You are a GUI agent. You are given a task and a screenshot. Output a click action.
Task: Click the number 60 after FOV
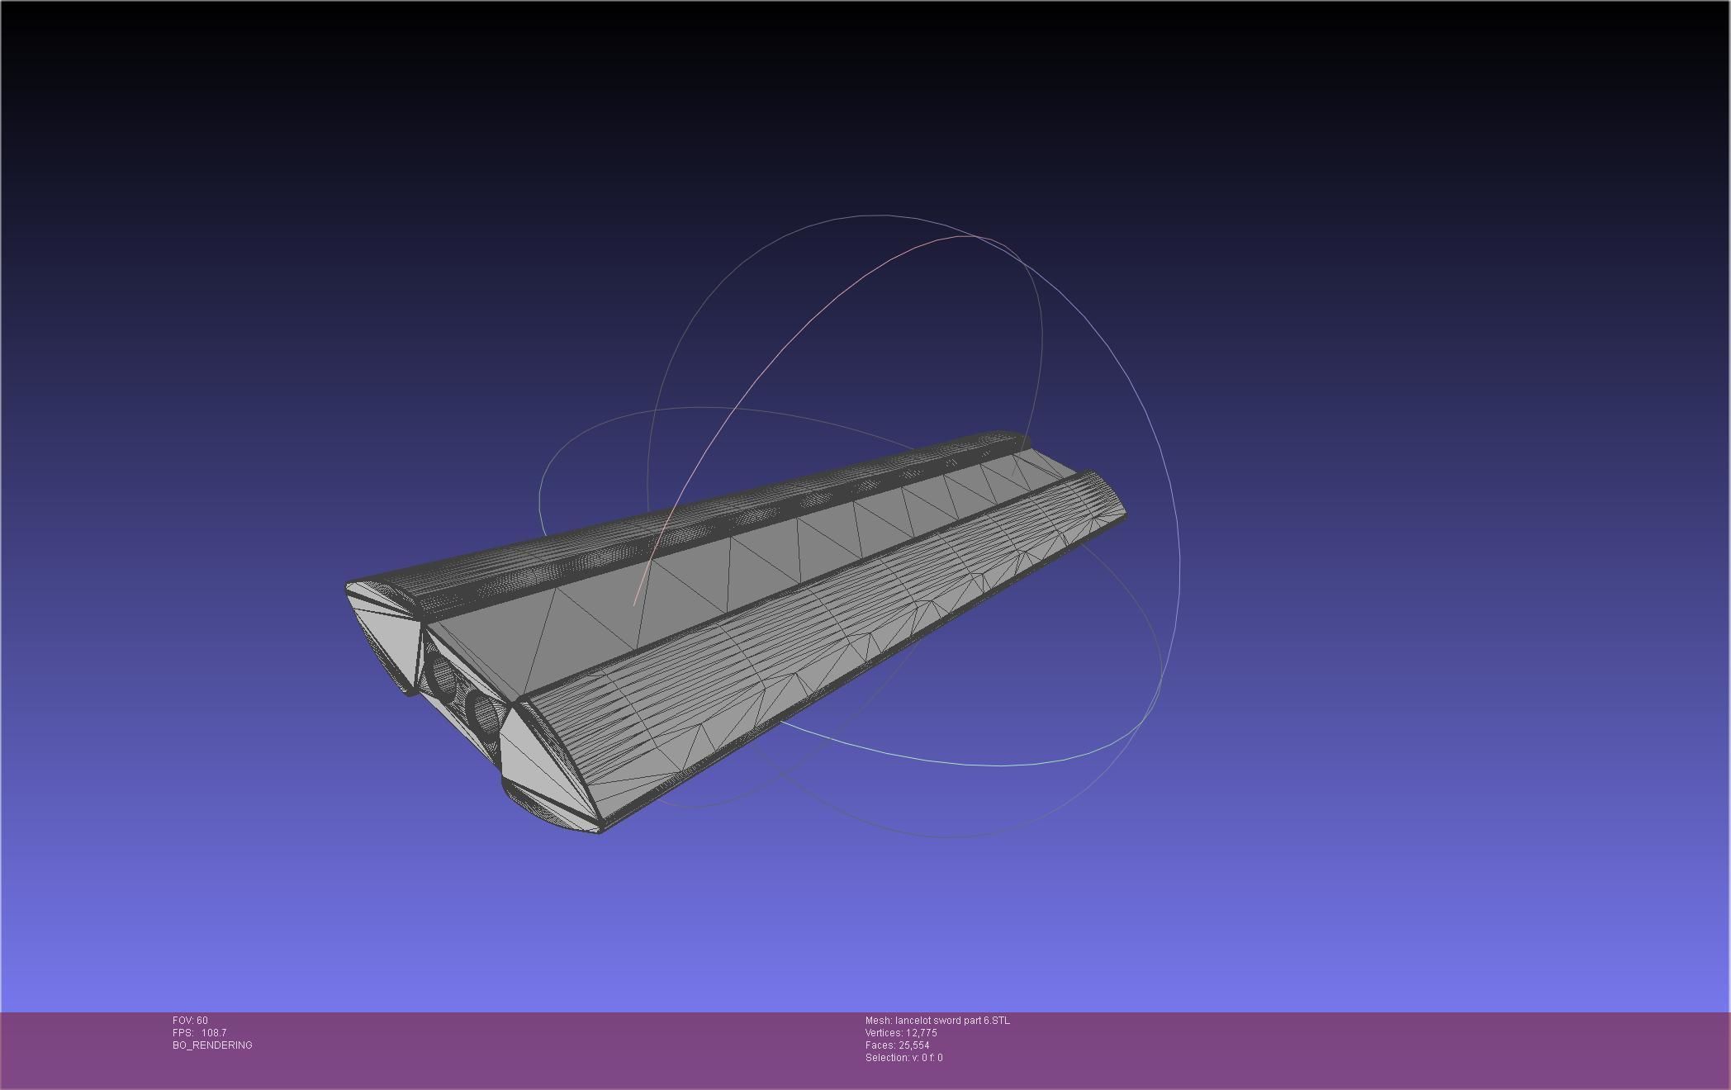point(202,1021)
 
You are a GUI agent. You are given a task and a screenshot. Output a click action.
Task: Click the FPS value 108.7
point(214,1033)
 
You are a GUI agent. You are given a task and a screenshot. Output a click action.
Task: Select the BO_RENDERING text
point(212,1045)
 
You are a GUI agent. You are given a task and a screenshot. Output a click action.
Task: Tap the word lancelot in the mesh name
point(913,1021)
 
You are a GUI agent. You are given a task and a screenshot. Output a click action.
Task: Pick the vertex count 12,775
point(922,1033)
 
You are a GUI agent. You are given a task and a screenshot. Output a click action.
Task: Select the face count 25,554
point(913,1045)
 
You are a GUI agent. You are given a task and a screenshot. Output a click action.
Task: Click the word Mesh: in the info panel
point(879,1021)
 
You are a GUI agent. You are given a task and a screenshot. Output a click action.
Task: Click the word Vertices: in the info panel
point(884,1033)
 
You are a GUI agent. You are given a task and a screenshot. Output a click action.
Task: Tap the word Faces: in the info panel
point(880,1045)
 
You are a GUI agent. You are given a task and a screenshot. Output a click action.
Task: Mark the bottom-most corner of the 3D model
point(600,832)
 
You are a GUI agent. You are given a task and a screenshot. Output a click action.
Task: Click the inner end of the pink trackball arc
point(634,604)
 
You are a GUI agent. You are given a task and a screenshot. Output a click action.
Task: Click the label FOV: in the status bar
point(183,1021)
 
